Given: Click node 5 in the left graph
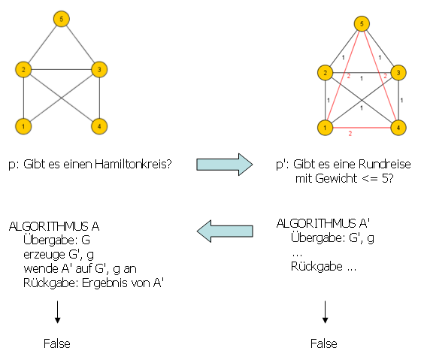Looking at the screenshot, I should click(x=62, y=18).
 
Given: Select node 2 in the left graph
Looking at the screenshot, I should click(x=24, y=70).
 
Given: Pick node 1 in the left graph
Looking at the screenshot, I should click(x=24, y=126).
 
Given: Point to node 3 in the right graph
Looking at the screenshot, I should click(x=400, y=72).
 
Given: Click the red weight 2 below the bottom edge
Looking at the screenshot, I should click(x=350, y=134).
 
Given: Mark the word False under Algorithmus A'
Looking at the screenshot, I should click(x=324, y=343).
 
